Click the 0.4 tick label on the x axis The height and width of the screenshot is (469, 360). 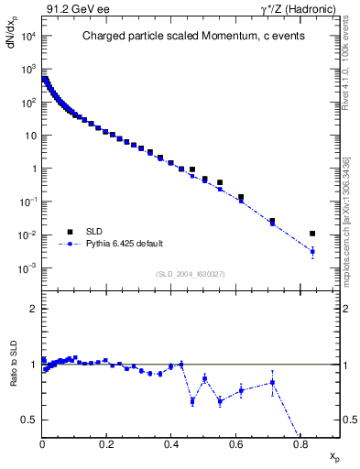click(x=171, y=444)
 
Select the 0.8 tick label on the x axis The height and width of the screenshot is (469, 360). click(x=300, y=444)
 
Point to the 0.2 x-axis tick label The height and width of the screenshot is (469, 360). click(x=107, y=444)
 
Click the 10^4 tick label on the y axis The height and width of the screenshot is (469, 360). click(x=27, y=37)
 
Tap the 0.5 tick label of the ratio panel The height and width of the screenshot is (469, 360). click(x=29, y=420)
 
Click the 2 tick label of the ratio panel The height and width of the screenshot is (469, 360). click(x=33, y=310)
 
